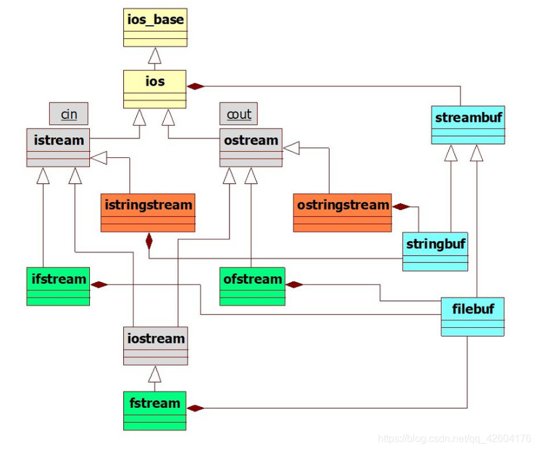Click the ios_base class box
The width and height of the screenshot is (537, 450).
point(155,28)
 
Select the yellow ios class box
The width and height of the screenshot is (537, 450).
point(155,89)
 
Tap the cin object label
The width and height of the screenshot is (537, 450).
point(69,114)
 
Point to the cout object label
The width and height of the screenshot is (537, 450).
point(238,114)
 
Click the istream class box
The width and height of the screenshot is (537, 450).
point(58,147)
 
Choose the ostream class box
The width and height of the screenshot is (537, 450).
point(251,147)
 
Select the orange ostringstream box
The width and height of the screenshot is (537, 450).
point(342,213)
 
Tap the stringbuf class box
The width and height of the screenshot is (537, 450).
point(435,251)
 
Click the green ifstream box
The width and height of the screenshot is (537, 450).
point(58,286)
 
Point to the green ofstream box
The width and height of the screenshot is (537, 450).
point(252,286)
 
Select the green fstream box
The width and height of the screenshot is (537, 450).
point(155,410)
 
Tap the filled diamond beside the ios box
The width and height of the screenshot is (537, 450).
point(196,86)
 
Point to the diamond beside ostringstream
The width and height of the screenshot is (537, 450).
point(400,206)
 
